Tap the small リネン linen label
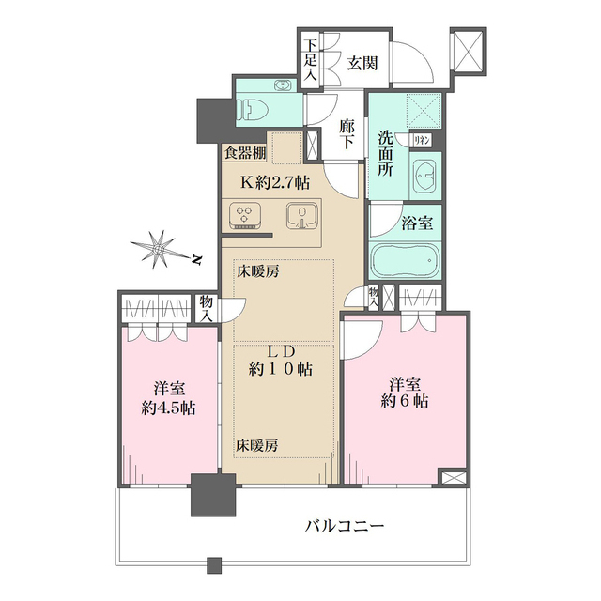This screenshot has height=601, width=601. coord(424,140)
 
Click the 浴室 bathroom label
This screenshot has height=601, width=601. coord(417,225)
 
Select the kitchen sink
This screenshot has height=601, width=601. coord(300,215)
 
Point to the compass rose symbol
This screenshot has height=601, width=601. coord(161,249)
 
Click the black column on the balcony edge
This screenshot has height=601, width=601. coord(212,496)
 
